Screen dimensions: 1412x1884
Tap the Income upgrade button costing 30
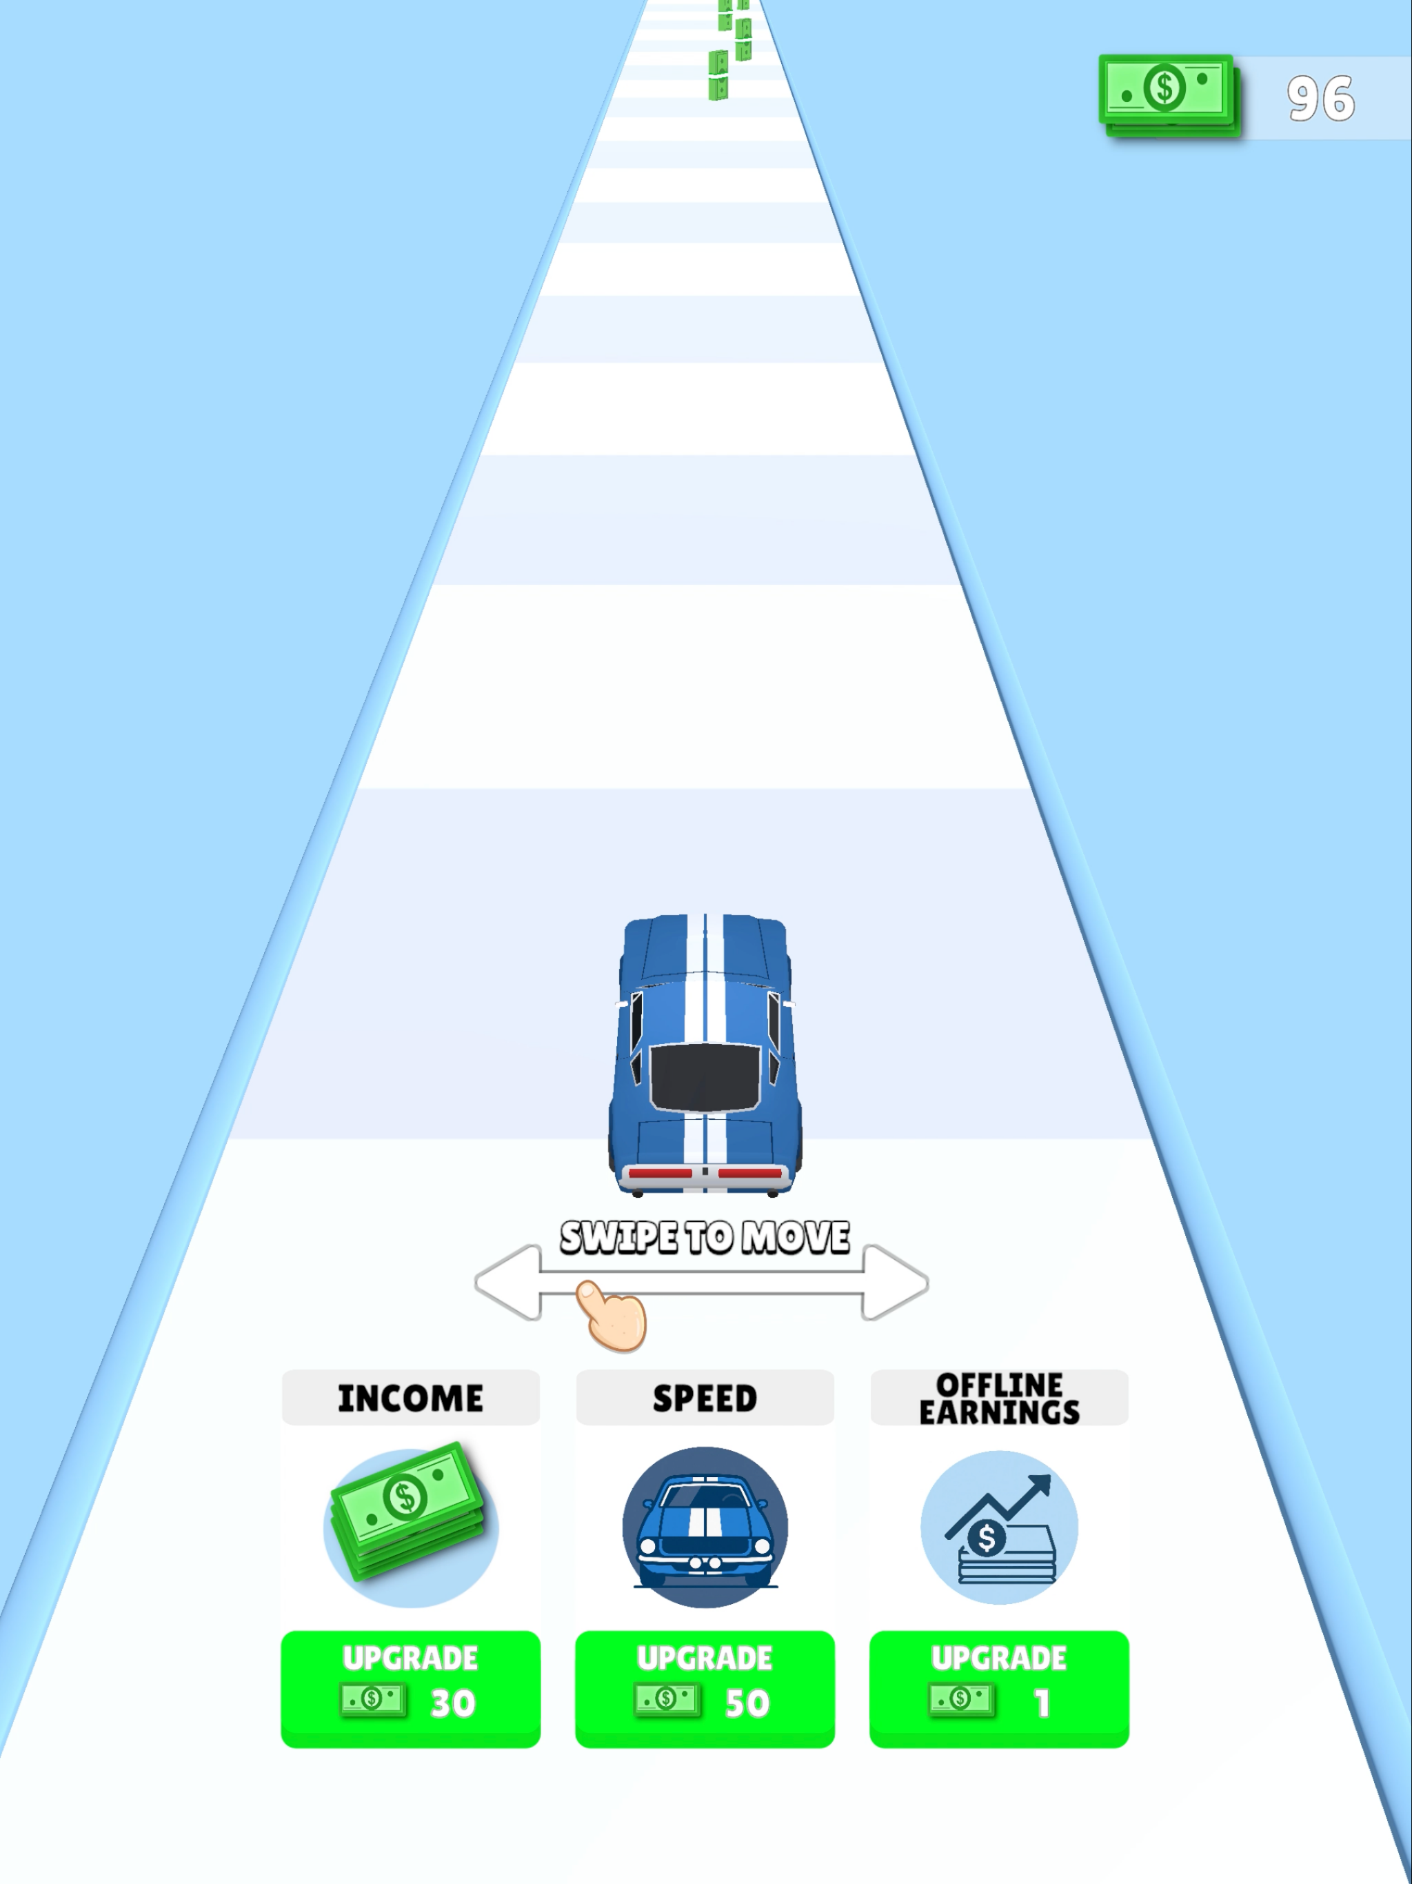[410, 1689]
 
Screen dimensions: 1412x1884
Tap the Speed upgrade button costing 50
[705, 1689]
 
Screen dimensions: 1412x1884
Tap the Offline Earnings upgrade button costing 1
[999, 1689]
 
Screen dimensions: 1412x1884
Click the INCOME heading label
[410, 1399]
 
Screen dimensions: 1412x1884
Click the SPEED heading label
[705, 1399]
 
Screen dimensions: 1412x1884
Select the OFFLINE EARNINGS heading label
[999, 1399]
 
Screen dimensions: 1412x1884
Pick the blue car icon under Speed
[705, 1527]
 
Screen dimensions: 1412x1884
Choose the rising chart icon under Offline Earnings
[999, 1527]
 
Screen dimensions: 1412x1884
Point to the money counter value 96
[1321, 99]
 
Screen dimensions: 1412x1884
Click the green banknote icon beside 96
[1169, 94]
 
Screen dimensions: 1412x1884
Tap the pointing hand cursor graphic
[612, 1316]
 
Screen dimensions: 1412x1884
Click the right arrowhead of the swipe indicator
[895, 1283]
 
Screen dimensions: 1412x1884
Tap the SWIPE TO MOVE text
[705, 1238]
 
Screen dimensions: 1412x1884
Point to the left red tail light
[660, 1174]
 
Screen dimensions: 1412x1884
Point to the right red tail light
[750, 1174]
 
